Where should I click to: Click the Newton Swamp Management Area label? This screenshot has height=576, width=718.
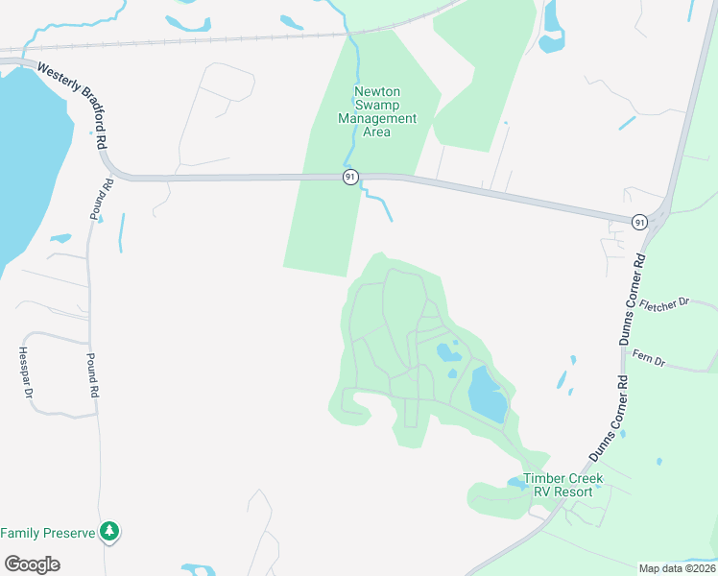tap(377, 112)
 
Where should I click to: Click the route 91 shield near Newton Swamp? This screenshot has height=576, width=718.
tap(351, 177)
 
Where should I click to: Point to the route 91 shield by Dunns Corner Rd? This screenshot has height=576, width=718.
tap(640, 222)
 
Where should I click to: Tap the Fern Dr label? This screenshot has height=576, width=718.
tap(649, 360)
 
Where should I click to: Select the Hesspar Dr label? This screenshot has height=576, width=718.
tap(27, 373)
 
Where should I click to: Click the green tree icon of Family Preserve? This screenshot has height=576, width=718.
tap(110, 531)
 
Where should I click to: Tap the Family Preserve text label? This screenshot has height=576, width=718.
tap(47, 532)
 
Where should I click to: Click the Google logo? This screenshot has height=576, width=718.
tap(32, 564)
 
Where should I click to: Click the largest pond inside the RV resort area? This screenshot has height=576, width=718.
tap(487, 396)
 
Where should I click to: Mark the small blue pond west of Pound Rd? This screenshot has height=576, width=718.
tap(60, 238)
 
